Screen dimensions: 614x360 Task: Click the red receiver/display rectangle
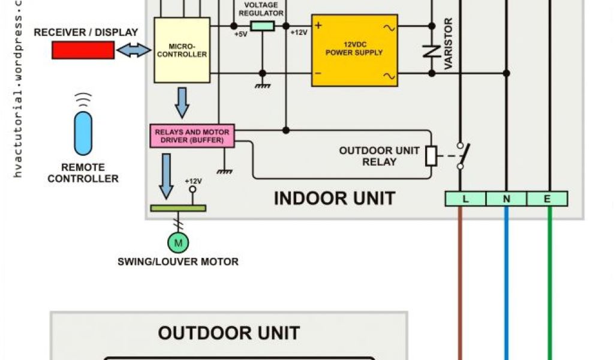click(x=83, y=51)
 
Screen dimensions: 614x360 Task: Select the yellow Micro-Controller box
click(x=182, y=50)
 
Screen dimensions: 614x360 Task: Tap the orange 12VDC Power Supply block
click(x=354, y=50)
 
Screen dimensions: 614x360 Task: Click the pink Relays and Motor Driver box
click(x=192, y=136)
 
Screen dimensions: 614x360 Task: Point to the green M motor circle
click(x=177, y=242)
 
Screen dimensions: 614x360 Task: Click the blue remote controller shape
click(x=83, y=133)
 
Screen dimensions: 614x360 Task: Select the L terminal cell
click(x=465, y=199)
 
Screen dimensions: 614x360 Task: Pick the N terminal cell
click(x=506, y=199)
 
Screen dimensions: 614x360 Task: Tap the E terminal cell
click(x=547, y=199)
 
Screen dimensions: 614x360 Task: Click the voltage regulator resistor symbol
click(x=262, y=26)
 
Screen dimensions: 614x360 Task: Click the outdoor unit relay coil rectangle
click(x=431, y=155)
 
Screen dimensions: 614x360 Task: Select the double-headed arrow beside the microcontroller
click(x=134, y=52)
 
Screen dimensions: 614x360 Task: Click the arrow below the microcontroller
click(x=182, y=102)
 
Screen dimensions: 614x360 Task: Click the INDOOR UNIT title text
click(x=335, y=198)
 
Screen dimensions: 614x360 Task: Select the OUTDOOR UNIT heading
click(x=229, y=333)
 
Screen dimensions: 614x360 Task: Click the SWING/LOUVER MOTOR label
click(x=178, y=262)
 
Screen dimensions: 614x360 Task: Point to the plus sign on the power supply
click(x=318, y=26)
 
